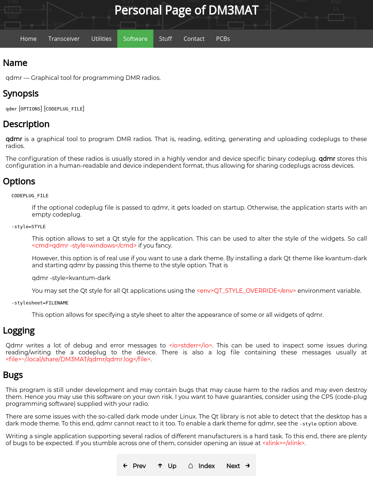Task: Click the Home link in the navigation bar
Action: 28,39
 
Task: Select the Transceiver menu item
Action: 64,39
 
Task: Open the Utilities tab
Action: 101,39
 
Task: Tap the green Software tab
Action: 135,39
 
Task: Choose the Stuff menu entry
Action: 165,39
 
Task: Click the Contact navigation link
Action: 194,39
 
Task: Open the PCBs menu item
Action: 223,39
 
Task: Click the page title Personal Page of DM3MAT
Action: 186,10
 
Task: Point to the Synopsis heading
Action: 21,94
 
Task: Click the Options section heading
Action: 19,182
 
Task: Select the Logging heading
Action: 19,331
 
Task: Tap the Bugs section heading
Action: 13,375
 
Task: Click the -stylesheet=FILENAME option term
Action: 40,303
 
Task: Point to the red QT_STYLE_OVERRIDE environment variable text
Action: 246,291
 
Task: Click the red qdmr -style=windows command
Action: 84,245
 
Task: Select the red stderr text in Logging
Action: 191,345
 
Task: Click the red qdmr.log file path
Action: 78,359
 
